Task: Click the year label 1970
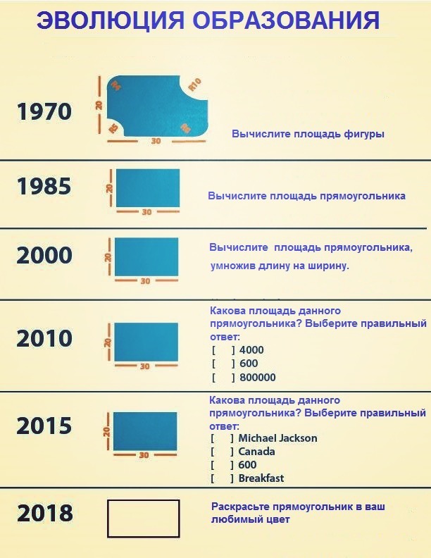[x=44, y=111]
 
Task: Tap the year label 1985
[x=44, y=186]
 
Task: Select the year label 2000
[x=44, y=255]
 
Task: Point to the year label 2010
[x=44, y=338]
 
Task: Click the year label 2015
[x=44, y=426]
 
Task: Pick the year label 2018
[x=45, y=513]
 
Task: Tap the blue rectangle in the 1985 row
[x=148, y=188]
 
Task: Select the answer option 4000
[x=251, y=350]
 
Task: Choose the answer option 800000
[x=258, y=377]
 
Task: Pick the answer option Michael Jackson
[x=277, y=438]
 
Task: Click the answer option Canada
[x=256, y=451]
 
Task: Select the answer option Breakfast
[x=261, y=478]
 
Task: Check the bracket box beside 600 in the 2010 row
[x=223, y=364]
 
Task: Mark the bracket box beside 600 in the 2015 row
[x=223, y=465]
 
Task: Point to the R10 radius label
[x=195, y=85]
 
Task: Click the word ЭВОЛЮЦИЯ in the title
[x=111, y=20]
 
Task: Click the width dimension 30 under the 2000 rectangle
[x=145, y=281]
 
